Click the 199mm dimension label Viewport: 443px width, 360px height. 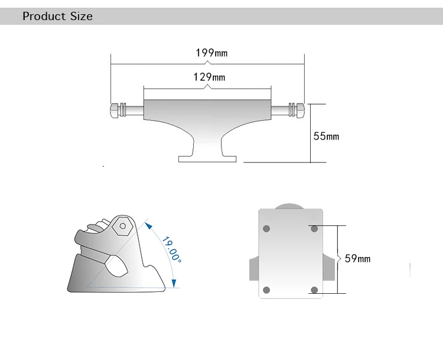coord(211,53)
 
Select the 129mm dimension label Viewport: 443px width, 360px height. coord(209,77)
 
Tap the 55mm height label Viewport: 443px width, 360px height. coord(326,137)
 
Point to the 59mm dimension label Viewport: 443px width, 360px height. coord(357,258)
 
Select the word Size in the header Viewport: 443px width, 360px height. coord(82,17)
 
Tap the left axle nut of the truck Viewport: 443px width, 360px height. coord(115,110)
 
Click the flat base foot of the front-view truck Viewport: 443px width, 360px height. coord(207,158)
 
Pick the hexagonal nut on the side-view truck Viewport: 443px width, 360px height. coord(123,225)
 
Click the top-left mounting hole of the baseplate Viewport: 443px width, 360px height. coord(266,228)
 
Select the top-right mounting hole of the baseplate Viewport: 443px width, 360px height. coord(314,228)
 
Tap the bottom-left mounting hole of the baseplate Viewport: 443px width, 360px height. coord(266,290)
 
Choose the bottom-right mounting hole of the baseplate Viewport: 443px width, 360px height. coord(314,290)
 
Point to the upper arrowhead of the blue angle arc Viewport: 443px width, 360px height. coord(148,225)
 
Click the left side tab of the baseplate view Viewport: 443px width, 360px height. coord(253,269)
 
